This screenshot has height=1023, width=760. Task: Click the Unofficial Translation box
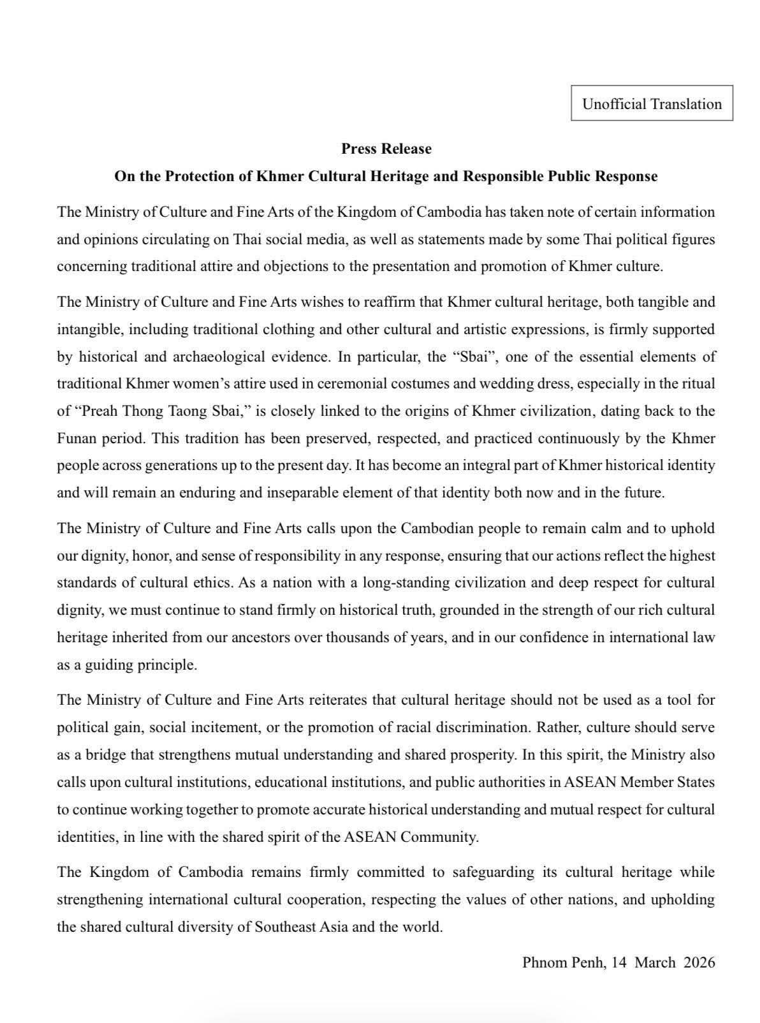tap(652, 103)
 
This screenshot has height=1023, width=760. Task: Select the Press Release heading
tap(386, 149)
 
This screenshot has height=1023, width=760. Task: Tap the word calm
tap(580, 529)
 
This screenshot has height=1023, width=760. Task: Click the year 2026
tap(699, 962)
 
